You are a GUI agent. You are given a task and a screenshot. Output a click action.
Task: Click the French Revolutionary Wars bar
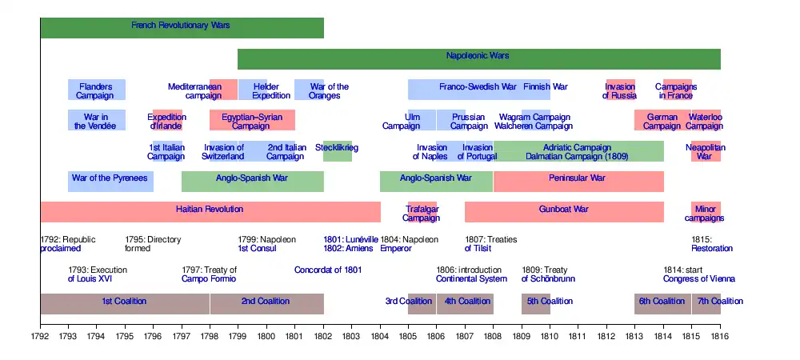click(x=182, y=27)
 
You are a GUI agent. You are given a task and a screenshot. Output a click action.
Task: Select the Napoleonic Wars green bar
click(x=478, y=58)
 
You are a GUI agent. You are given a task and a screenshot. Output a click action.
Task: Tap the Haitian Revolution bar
click(x=210, y=211)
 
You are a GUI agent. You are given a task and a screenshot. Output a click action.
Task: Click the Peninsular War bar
click(x=578, y=180)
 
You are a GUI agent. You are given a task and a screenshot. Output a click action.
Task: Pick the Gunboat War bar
click(x=564, y=211)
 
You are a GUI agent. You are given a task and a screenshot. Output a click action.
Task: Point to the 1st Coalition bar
click(x=124, y=303)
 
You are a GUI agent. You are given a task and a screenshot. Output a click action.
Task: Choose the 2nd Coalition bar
click(x=266, y=303)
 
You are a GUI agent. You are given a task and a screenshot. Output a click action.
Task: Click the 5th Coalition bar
click(x=536, y=303)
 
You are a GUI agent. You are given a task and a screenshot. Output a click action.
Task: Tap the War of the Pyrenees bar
click(x=110, y=180)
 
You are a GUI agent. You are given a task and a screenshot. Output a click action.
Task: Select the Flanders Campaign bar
click(x=96, y=90)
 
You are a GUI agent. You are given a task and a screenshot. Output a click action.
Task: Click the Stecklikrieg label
click(x=337, y=149)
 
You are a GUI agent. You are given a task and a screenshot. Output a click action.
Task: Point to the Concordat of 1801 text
click(x=328, y=270)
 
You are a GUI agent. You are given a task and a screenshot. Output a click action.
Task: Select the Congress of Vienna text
click(x=698, y=278)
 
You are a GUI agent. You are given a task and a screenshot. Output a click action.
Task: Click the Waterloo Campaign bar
click(x=706, y=120)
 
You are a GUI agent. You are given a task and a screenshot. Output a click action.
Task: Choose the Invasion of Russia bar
click(x=620, y=90)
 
